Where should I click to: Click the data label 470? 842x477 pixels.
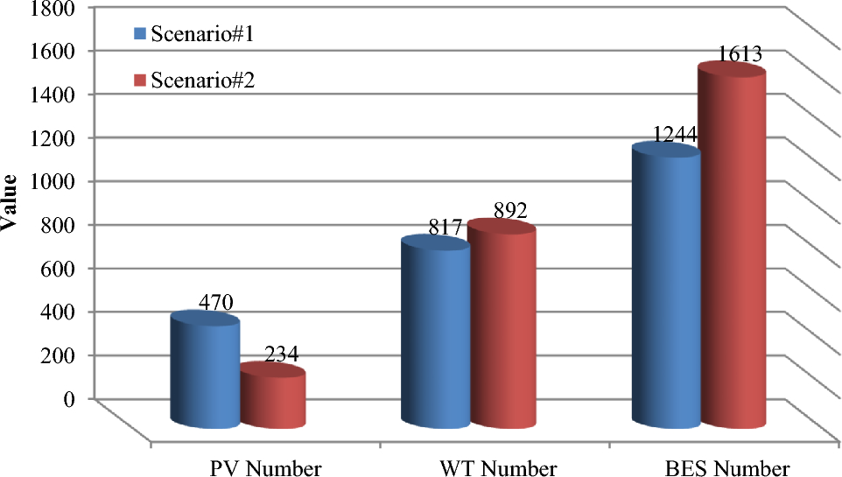(x=214, y=303)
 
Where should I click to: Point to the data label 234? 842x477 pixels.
(x=282, y=354)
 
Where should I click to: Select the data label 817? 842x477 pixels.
(x=445, y=228)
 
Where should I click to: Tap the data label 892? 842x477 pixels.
(x=509, y=211)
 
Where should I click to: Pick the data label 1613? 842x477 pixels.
(x=740, y=54)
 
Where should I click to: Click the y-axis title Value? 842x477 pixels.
(x=11, y=202)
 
